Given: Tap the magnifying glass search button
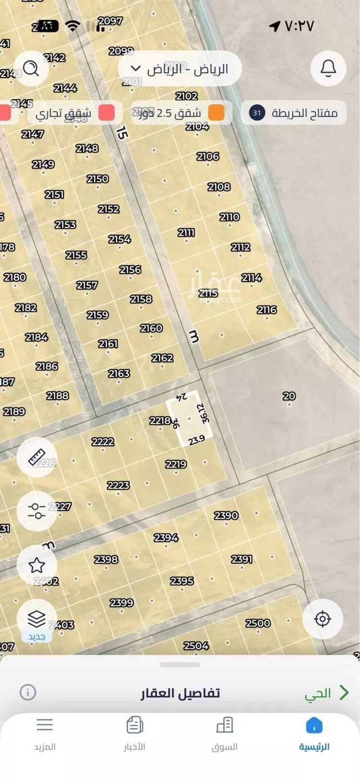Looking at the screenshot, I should pyautogui.click(x=31, y=69).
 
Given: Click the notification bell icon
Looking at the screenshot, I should pyautogui.click(x=328, y=69).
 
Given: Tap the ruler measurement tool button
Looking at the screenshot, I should pyautogui.click(x=37, y=457).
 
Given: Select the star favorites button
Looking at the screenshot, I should pyautogui.click(x=37, y=565).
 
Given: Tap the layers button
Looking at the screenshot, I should pyautogui.click(x=37, y=619).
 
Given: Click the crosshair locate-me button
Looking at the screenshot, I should pyautogui.click(x=323, y=619).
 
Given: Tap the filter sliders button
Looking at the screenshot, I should pyautogui.click(x=37, y=511).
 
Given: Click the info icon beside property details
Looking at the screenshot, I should pyautogui.click(x=28, y=692).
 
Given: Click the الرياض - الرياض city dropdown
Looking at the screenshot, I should pyautogui.click(x=180, y=69).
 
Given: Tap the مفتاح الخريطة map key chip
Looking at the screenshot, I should pyautogui.click(x=293, y=113).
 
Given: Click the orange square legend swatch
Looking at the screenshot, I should pyautogui.click(x=216, y=113).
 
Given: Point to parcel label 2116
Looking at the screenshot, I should pyautogui.click(x=266, y=310).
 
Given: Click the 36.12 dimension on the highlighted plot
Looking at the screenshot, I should pyautogui.click(x=204, y=413).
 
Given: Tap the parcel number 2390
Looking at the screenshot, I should pyautogui.click(x=226, y=515).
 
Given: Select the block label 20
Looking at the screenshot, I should pyautogui.click(x=289, y=396).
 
